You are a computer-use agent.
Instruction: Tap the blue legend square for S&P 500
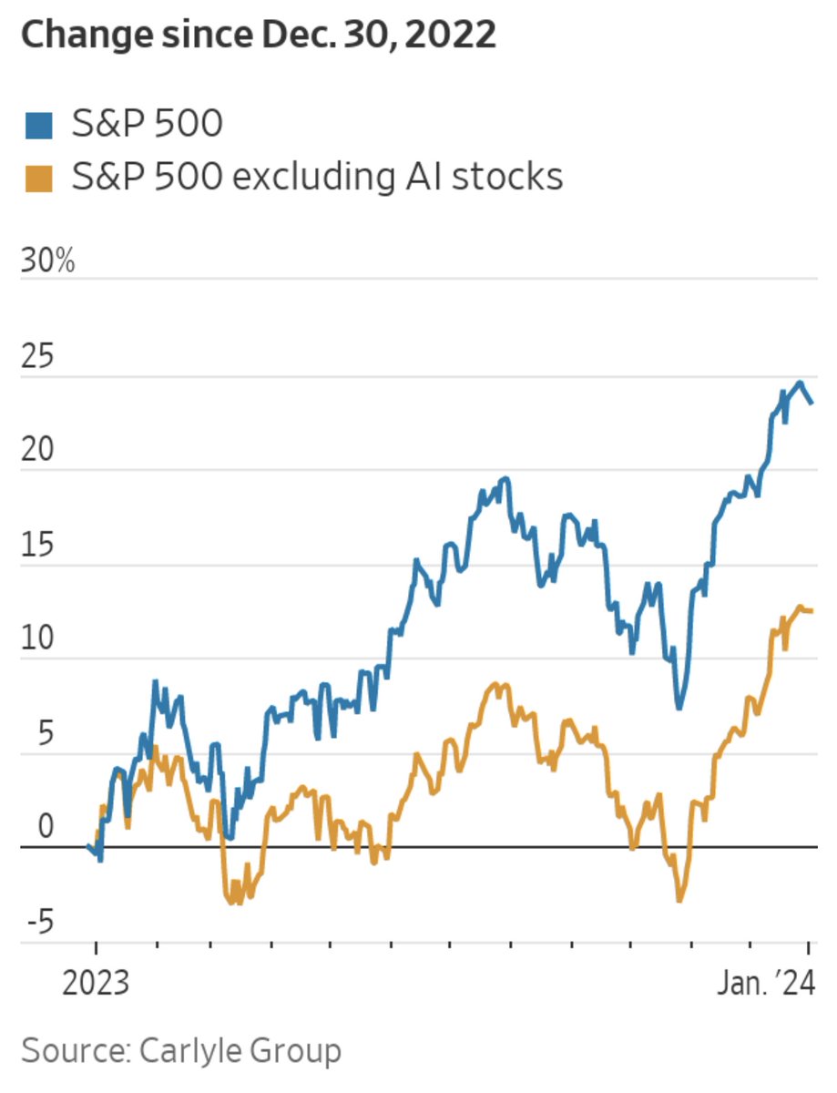click(37, 125)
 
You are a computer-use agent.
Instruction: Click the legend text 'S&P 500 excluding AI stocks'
click(317, 177)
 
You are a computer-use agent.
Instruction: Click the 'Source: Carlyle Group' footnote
click(181, 1050)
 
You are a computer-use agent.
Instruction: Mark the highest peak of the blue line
click(800, 383)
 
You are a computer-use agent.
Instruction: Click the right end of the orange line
click(812, 610)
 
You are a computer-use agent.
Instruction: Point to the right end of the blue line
click(812, 403)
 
